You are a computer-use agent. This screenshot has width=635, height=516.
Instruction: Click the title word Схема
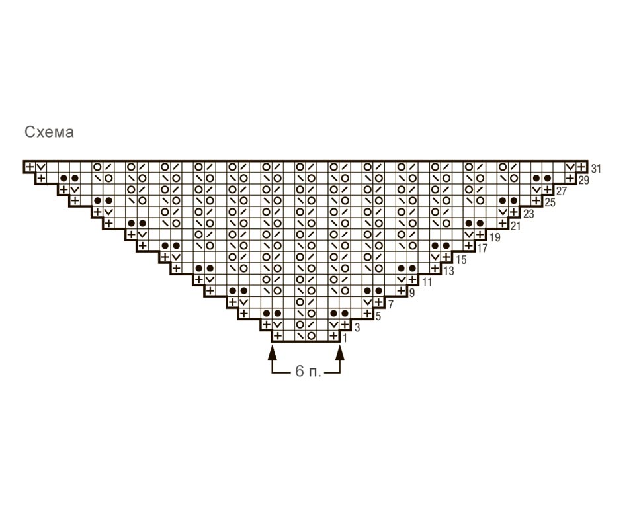(x=49, y=132)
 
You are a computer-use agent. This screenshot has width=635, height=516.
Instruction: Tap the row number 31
(x=596, y=169)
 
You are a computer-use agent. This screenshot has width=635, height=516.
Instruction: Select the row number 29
(x=583, y=180)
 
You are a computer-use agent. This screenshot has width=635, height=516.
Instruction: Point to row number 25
(x=550, y=202)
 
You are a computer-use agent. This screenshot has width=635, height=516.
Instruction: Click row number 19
(x=495, y=237)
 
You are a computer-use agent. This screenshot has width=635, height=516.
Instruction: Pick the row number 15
(x=461, y=259)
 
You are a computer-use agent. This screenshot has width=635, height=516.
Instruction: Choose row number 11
(x=427, y=282)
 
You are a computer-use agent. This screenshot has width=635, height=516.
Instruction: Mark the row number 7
(x=391, y=304)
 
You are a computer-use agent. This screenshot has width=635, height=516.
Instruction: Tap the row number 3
(x=357, y=327)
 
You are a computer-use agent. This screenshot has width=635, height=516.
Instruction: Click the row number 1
(x=345, y=338)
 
